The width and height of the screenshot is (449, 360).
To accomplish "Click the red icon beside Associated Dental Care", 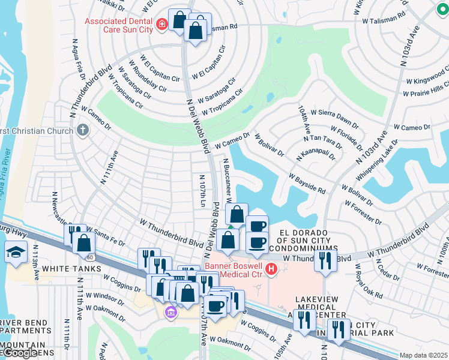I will pyautogui.click(x=161, y=25).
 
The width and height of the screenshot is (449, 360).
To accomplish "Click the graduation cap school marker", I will pyautogui.click(x=16, y=251).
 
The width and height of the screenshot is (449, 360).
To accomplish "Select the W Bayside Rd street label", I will pyautogui.click(x=307, y=184).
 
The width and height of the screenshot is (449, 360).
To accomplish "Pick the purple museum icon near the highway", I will pyautogui.click(x=170, y=312).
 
